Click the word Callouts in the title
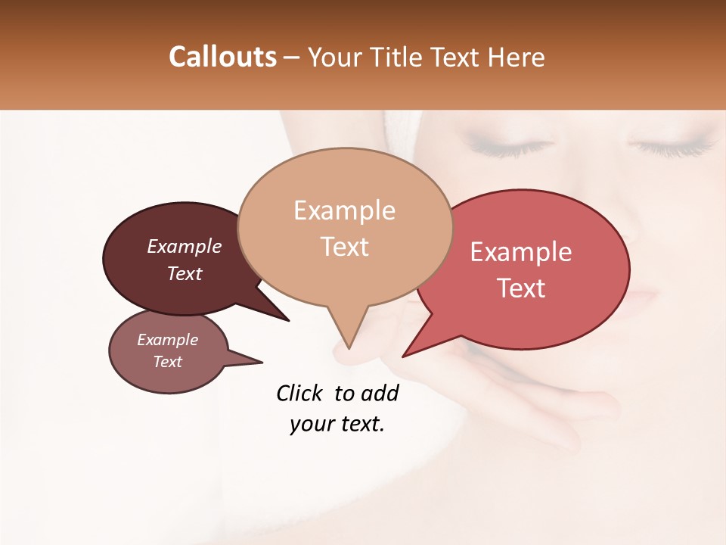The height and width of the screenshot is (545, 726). pyautogui.click(x=222, y=57)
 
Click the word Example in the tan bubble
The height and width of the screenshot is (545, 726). pyautogui.click(x=344, y=210)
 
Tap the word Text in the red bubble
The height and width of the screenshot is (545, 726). pyautogui.click(x=522, y=288)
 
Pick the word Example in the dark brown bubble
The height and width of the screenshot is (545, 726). pyautogui.click(x=185, y=247)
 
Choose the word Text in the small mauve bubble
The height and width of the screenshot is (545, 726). pyautogui.click(x=168, y=362)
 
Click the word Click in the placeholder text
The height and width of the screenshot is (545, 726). pyautogui.click(x=299, y=393)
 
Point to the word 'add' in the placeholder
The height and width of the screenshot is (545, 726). pyautogui.click(x=380, y=393)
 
